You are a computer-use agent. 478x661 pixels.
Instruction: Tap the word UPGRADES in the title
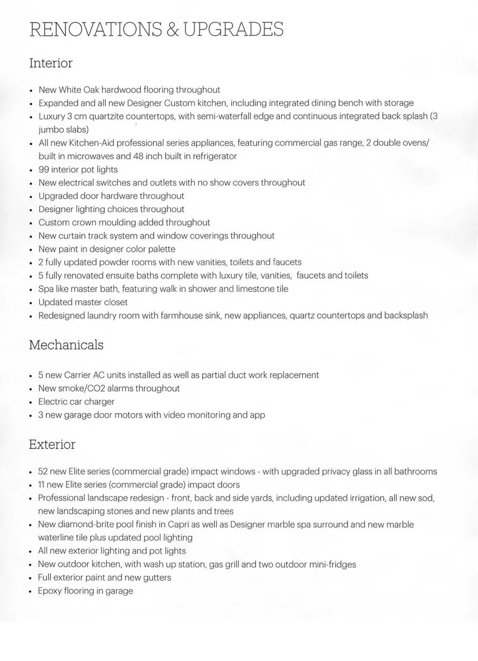tap(233, 29)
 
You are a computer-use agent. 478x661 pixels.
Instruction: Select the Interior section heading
tap(51, 63)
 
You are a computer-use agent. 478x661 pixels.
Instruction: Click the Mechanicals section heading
tap(66, 345)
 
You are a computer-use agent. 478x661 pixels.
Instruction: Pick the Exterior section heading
tap(52, 444)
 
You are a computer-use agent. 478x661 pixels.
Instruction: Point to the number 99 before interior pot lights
tap(44, 169)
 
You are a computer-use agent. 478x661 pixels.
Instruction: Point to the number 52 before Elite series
tap(43, 472)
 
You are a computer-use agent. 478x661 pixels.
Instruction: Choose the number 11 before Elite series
tap(43, 484)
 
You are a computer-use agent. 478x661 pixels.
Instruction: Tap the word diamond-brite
tap(89, 524)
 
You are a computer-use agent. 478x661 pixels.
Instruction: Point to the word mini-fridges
tap(330, 564)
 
